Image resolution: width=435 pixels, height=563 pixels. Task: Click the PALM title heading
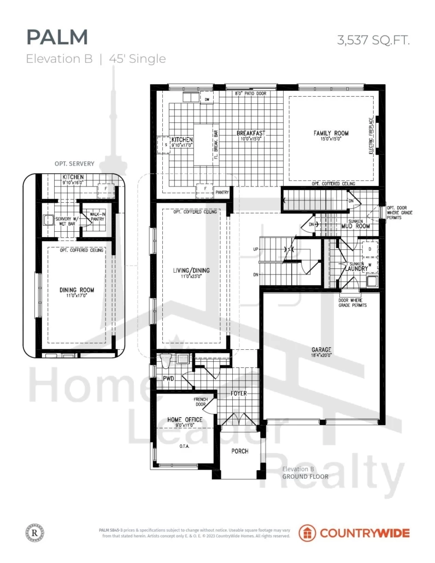[57, 37]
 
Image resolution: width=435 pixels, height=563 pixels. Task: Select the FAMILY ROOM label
[331, 133]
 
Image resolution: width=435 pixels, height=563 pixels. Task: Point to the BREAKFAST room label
[251, 133]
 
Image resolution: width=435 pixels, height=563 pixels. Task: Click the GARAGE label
[329, 350]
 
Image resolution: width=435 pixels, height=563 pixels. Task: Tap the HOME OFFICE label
[185, 420]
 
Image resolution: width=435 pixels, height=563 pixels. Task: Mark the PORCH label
[239, 451]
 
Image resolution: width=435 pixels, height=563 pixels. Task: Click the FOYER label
[239, 392]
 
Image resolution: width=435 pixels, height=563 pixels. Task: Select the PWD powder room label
[168, 378]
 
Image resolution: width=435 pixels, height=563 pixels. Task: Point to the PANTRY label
[222, 192]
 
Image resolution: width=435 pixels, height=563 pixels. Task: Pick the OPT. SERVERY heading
[74, 163]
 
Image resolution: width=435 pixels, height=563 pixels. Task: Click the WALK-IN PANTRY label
[97, 216]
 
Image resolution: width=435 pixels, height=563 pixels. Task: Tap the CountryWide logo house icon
[307, 533]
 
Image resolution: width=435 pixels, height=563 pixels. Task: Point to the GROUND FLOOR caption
[305, 477]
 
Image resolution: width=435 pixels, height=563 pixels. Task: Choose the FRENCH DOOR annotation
[200, 402]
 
